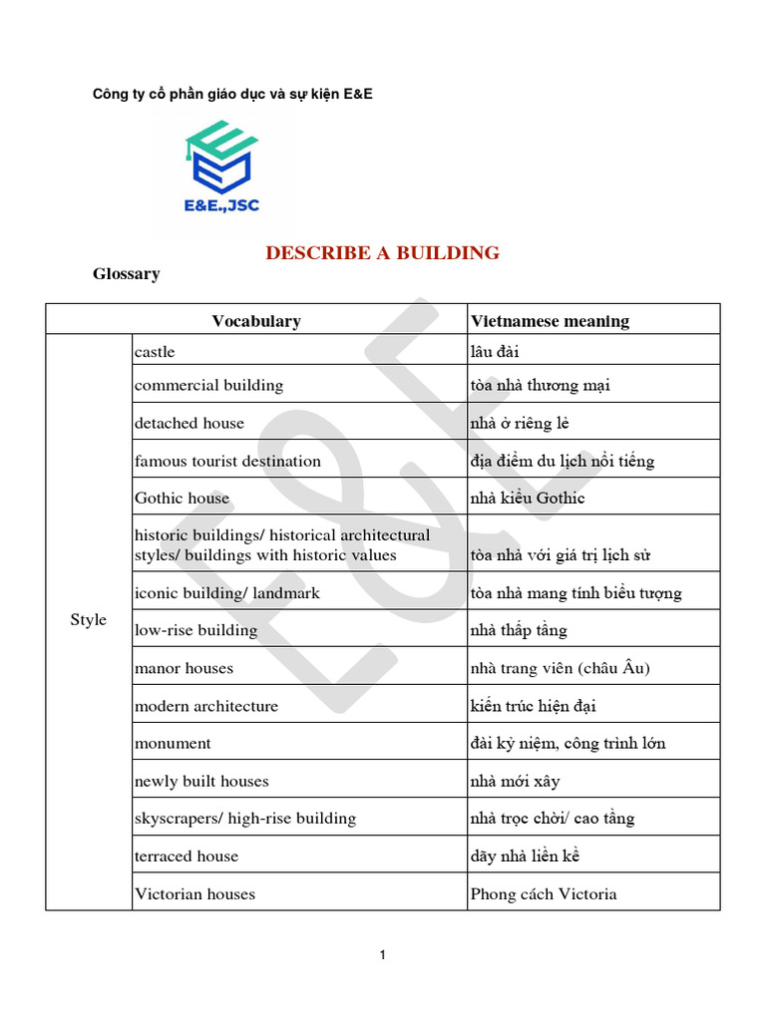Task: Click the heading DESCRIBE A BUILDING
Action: [x=382, y=252]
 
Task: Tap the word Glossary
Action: [x=126, y=273]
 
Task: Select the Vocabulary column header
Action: [x=255, y=321]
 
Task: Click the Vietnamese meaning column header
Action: [x=550, y=321]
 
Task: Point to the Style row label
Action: [x=88, y=620]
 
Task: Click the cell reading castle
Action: [x=155, y=351]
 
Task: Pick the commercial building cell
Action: [x=208, y=385]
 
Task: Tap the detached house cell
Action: [x=189, y=423]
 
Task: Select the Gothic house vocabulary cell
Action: [x=182, y=498]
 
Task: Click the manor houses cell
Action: [x=185, y=668]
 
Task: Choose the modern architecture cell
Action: [x=205, y=706]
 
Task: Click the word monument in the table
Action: [x=173, y=743]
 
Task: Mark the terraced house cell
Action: [x=187, y=855]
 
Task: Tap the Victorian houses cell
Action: [x=194, y=893]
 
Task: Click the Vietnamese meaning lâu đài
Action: [x=495, y=351]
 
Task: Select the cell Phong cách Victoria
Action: [x=543, y=893]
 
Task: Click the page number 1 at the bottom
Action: [x=382, y=955]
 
